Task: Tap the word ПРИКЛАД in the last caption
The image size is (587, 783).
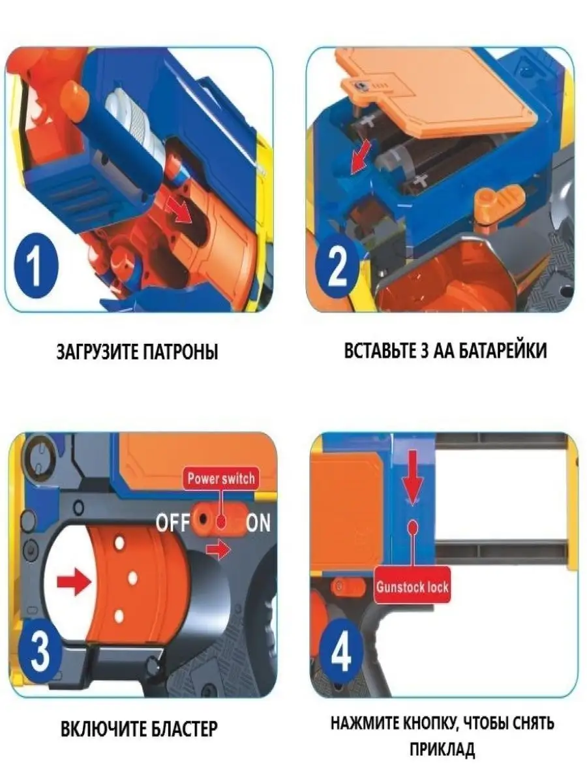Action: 442,750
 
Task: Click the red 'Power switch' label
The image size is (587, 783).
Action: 221,478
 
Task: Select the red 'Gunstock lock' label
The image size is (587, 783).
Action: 412,587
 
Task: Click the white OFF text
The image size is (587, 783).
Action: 172,523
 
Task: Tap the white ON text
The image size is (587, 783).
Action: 258,523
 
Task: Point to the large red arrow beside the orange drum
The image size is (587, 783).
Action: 72,580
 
